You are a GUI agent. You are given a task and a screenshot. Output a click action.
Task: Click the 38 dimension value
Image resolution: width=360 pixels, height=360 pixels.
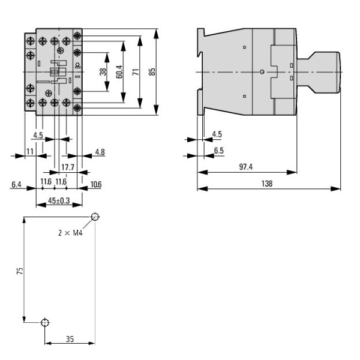pos(103,71)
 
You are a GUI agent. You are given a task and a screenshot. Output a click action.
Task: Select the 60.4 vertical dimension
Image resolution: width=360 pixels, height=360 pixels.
pos(119,71)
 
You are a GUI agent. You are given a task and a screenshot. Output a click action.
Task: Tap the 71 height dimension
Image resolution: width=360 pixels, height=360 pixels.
pos(136,71)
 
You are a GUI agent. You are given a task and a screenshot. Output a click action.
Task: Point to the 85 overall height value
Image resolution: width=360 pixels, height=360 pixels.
pos(152,71)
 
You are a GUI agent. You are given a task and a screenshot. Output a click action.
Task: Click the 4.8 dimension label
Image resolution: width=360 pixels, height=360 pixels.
pos(99,152)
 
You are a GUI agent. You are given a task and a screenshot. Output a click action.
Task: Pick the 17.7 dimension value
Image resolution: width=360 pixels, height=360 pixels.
pos(68,167)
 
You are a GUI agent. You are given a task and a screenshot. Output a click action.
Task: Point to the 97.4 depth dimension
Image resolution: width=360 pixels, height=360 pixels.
pos(246,167)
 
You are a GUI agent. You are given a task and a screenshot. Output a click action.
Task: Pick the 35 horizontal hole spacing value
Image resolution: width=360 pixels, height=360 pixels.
pos(70,339)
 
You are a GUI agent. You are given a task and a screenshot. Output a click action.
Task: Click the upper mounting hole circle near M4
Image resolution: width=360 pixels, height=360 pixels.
pos(95,217)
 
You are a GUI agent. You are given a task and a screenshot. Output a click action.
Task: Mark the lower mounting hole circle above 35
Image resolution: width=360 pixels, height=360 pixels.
pos(44,323)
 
